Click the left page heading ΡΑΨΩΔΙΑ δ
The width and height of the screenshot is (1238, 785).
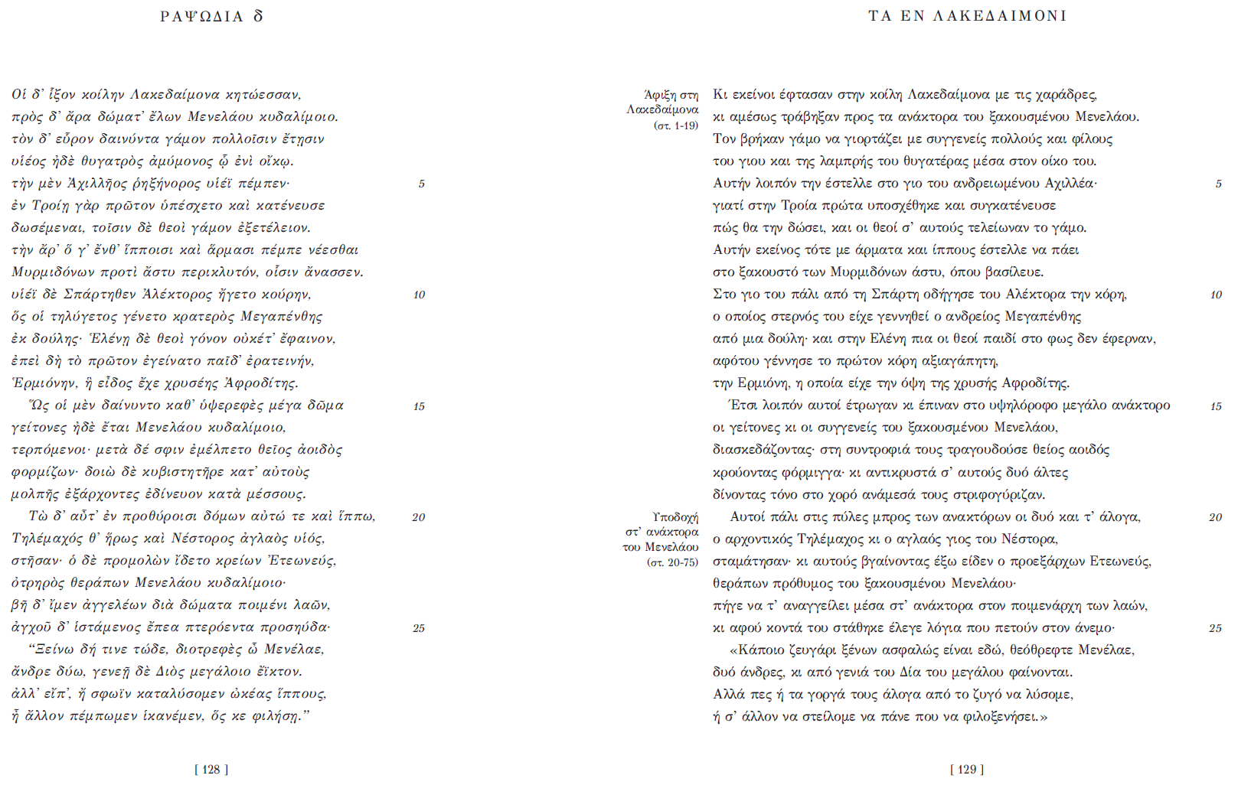coord(211,16)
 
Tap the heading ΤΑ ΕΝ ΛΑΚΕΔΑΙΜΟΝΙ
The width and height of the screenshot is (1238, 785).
coord(967,16)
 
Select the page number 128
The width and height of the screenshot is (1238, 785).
coord(211,770)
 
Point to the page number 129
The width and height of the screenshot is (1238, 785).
coord(967,770)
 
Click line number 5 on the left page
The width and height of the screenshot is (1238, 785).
coord(421,184)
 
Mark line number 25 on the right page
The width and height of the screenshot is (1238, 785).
coord(1215,628)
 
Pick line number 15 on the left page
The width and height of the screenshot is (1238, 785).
coord(419,406)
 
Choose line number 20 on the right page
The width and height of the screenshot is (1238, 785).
coord(1215,517)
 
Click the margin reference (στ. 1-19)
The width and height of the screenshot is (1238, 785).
coord(676,125)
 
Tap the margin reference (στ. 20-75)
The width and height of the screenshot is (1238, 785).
coord(672,562)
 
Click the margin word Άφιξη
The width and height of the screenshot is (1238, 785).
coord(660,96)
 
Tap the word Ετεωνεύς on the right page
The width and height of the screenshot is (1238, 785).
coord(1119,562)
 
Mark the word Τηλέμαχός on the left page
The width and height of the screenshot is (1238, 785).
coord(48,539)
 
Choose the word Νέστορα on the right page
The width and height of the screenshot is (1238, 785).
coord(1034,539)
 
